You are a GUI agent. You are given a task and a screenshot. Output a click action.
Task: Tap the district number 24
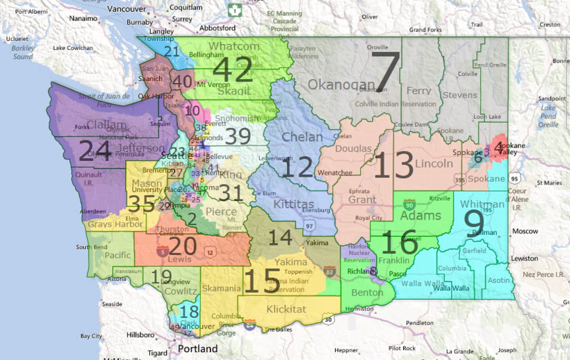[95, 151]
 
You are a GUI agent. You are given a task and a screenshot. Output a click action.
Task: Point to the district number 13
[395, 165]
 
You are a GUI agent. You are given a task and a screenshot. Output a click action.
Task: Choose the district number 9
[474, 224]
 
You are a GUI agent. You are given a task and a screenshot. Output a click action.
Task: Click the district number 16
[399, 243]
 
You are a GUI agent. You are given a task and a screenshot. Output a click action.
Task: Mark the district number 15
[262, 280]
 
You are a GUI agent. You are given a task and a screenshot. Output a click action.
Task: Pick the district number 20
[183, 247]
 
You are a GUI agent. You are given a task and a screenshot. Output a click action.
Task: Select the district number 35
[142, 204]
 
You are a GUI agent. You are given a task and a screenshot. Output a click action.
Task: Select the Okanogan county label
[336, 85]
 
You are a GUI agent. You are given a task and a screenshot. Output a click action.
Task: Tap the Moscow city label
[526, 231]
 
